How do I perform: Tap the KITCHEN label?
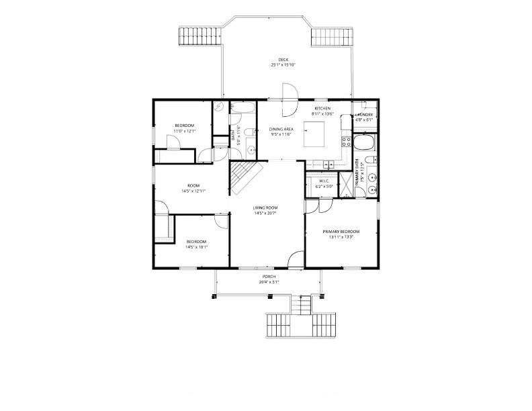tap(323, 109)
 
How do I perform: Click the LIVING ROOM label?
tap(265, 208)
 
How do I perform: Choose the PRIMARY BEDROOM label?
tap(341, 232)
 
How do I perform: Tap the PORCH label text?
tap(269, 277)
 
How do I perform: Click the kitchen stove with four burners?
tap(347, 141)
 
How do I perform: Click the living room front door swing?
tap(296, 259)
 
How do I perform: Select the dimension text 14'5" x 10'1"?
tap(196, 246)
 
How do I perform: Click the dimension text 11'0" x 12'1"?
tap(185, 131)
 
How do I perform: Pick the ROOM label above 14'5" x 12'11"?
tap(193, 185)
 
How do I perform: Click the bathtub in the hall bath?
tap(242, 107)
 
